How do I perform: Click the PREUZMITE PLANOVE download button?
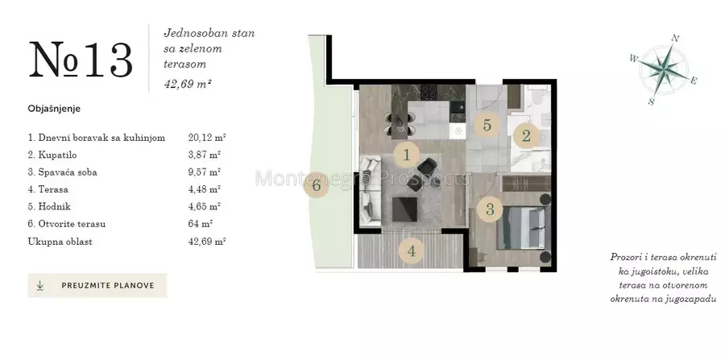97,285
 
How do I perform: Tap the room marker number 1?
407,155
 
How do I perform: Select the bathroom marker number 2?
526,136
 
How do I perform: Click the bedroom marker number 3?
490,210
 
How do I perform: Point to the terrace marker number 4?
411,252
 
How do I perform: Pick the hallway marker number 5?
487,125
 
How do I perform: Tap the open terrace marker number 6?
317,186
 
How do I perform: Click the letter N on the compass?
674,39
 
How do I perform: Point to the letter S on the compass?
651,101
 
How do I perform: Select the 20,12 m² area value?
207,138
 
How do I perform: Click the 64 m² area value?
201,224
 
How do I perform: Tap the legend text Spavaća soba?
68,172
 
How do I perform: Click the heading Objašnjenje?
54,109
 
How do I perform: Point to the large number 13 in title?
109,60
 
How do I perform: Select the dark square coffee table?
404,209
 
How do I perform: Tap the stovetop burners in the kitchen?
429,93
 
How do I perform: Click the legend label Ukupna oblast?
60,242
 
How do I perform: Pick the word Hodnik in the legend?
55,207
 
